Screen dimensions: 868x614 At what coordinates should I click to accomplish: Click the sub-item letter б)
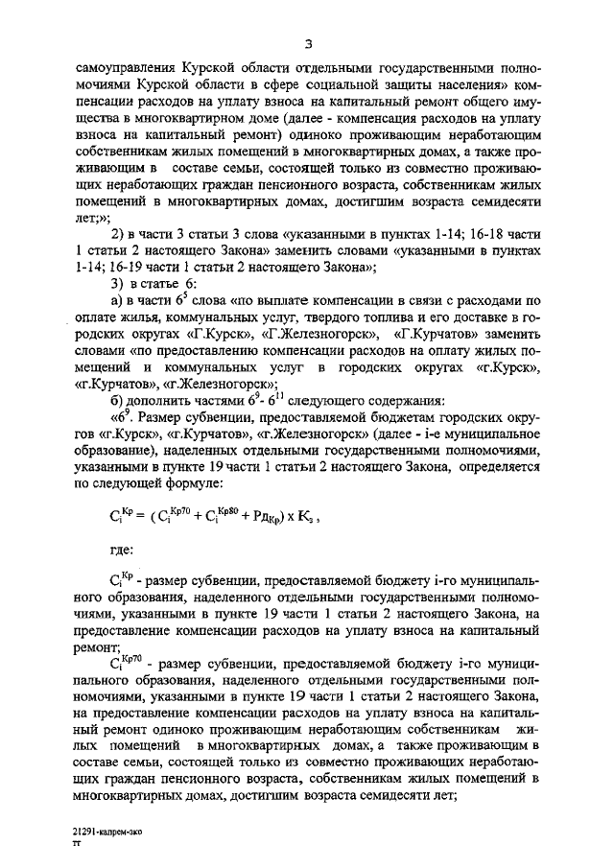[x=119, y=400]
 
